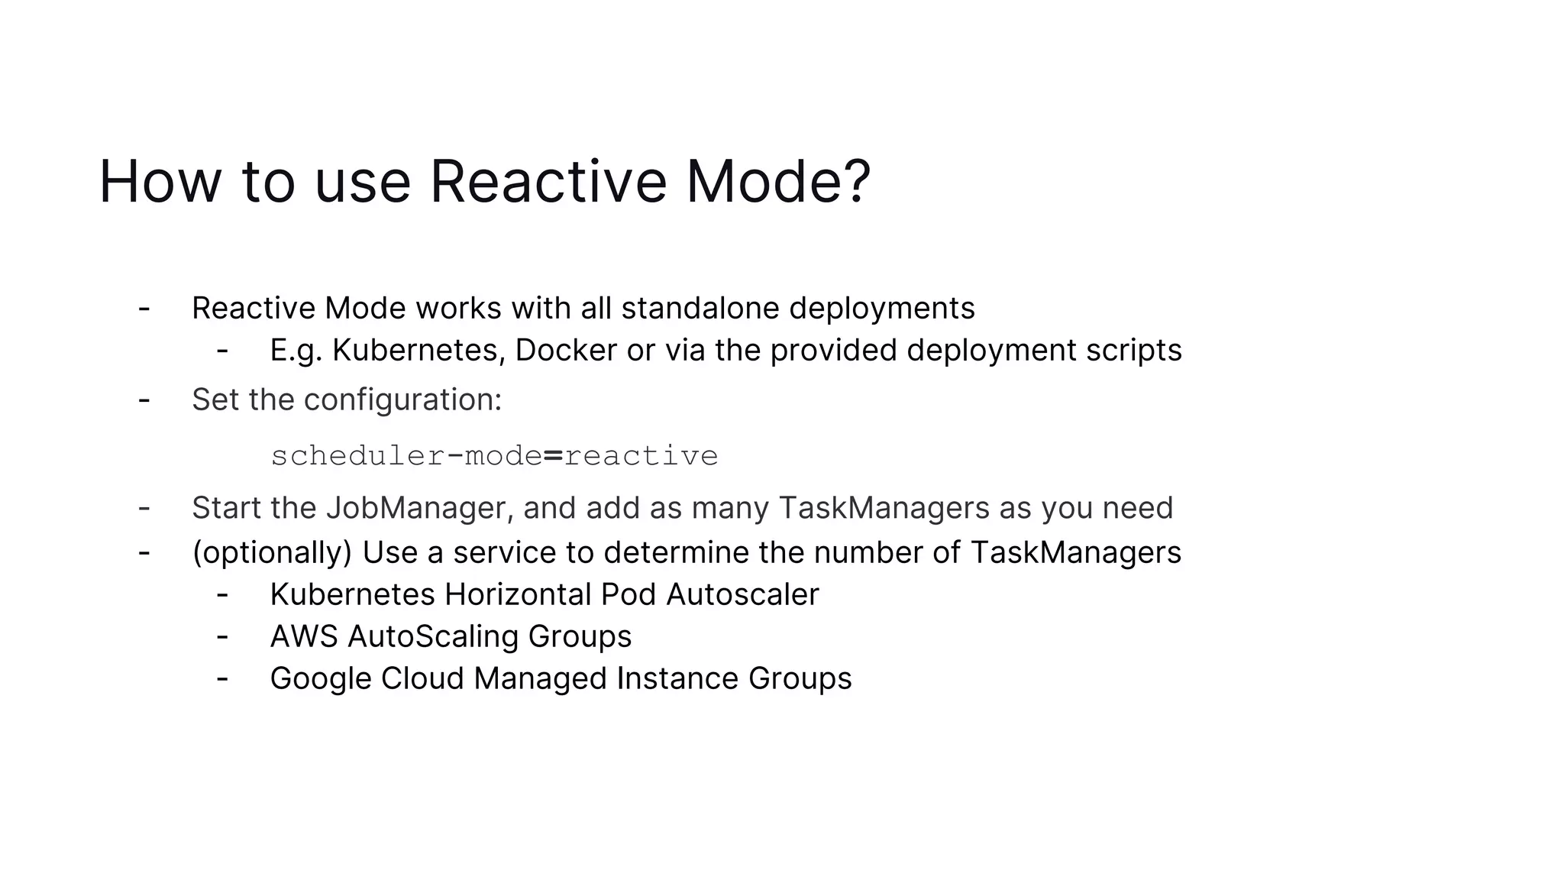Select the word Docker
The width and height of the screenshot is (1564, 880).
coord(565,350)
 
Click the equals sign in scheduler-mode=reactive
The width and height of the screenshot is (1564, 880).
coord(553,456)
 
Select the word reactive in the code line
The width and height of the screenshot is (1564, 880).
coord(641,456)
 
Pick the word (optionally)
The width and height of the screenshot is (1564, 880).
coord(272,552)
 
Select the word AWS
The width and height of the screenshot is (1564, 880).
coord(304,636)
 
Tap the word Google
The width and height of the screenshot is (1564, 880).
coord(320,678)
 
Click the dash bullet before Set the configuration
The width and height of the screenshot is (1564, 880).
coord(144,400)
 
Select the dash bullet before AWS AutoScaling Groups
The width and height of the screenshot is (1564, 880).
coord(222,636)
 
